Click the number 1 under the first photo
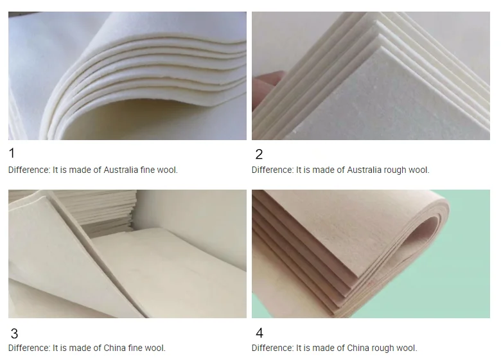pyautogui.click(x=12, y=153)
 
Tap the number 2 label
pyautogui.click(x=259, y=154)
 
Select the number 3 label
pyautogui.click(x=14, y=334)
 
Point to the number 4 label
pyautogui.click(x=259, y=333)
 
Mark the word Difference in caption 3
pyautogui.click(x=29, y=348)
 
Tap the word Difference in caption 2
pyautogui.click(x=272, y=170)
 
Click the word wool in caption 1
pyautogui.click(x=167, y=170)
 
